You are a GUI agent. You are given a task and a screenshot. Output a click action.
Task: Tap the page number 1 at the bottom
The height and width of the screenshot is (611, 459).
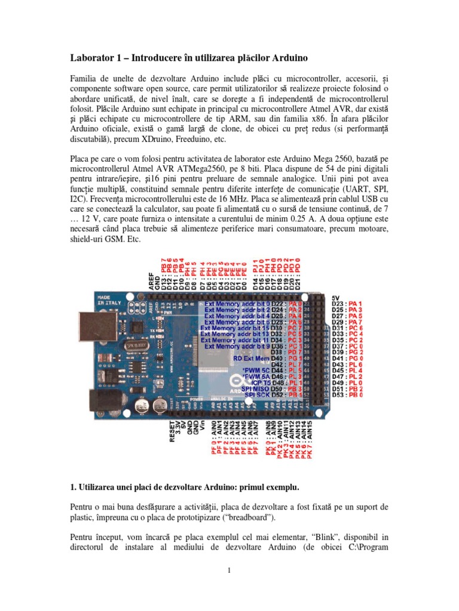click(x=229, y=571)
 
